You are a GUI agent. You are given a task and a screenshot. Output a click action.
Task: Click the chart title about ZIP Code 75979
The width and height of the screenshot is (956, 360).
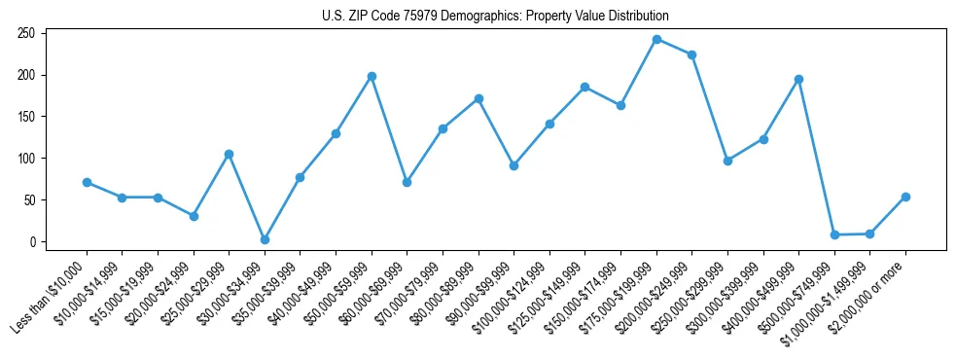click(495, 16)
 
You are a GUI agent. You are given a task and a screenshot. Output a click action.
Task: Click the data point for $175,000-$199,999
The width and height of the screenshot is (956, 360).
click(656, 40)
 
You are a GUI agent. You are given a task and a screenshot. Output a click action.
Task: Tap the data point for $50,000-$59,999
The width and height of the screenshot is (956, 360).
click(372, 76)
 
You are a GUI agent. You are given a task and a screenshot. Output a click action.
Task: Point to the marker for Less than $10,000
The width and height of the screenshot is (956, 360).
click(87, 182)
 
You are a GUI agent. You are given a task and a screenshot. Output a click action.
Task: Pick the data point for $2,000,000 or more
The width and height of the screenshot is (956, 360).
click(905, 197)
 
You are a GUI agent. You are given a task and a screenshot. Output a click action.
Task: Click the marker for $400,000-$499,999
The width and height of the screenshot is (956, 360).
click(798, 79)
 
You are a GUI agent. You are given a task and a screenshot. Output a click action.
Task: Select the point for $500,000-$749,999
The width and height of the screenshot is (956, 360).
click(834, 234)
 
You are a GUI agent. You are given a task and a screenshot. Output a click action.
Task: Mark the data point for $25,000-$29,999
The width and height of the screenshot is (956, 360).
click(229, 154)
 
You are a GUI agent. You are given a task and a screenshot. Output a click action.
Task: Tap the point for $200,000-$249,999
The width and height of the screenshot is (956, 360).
click(691, 54)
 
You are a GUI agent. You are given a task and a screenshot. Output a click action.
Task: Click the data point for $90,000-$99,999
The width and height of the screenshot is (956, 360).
click(513, 165)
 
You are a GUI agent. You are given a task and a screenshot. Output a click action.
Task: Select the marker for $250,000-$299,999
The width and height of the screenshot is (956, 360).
click(727, 161)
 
